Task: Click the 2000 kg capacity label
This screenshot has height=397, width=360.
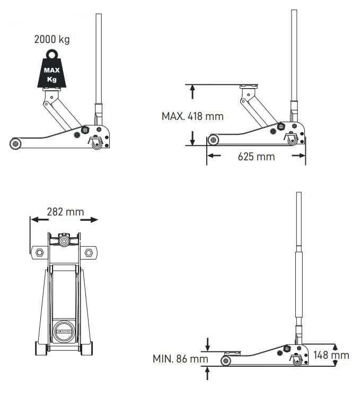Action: click(x=52, y=39)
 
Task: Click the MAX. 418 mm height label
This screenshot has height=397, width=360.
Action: click(x=192, y=116)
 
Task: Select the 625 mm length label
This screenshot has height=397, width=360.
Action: click(x=256, y=157)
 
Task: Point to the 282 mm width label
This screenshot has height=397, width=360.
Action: click(x=65, y=212)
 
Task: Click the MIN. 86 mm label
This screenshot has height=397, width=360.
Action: click(x=180, y=359)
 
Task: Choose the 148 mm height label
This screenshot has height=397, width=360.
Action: click(x=331, y=355)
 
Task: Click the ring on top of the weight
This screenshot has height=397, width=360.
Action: click(x=52, y=54)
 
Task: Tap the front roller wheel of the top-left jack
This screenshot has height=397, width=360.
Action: click(x=15, y=144)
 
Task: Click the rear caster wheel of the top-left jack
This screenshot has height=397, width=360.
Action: click(x=97, y=144)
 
